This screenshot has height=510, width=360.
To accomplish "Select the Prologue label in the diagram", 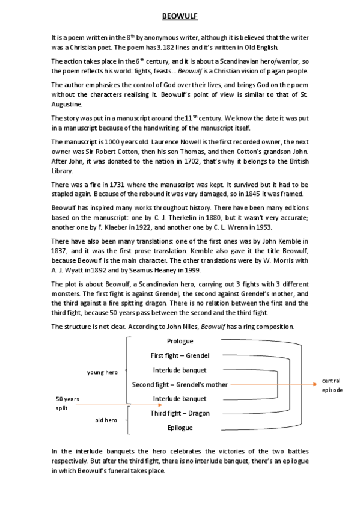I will click(180, 341).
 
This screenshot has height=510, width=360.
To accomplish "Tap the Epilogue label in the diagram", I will click(180, 428).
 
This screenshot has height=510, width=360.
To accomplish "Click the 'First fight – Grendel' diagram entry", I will click(180, 355).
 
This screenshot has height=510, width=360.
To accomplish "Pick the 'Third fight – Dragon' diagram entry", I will click(180, 413).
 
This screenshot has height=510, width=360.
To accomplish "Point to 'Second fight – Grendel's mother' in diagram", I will click(180, 384).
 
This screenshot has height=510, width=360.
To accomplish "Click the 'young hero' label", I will click(102, 373).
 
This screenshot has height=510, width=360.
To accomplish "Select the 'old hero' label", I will click(106, 420).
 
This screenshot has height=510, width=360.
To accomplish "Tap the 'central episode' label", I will click(332, 386).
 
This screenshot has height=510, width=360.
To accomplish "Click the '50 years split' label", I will click(67, 403).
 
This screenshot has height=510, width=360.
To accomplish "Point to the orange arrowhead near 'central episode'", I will click(316, 384).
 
